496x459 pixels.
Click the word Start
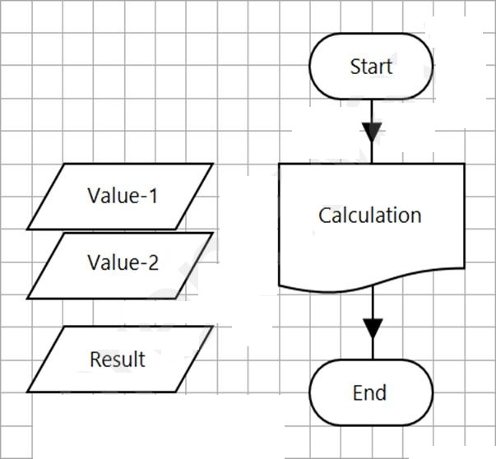click(x=371, y=67)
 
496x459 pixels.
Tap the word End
click(x=369, y=392)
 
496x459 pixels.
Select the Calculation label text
click(x=370, y=216)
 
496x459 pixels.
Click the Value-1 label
click(x=123, y=196)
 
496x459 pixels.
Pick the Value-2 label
click(x=123, y=262)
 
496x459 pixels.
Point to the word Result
click(x=118, y=359)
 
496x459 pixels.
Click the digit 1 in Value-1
click(x=154, y=196)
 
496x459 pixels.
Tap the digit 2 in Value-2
click(x=153, y=262)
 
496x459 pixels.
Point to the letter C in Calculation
click(x=325, y=216)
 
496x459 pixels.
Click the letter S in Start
click(x=355, y=67)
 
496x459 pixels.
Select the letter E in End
click(x=358, y=392)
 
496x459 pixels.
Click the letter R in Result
click(x=95, y=359)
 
